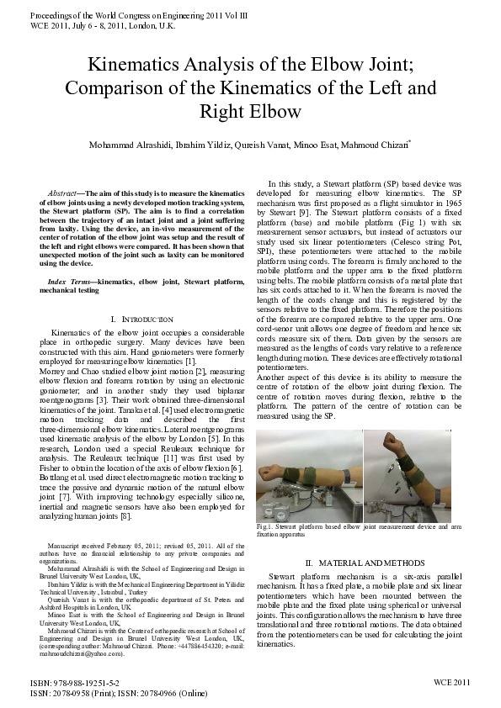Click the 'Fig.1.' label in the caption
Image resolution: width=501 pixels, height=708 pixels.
click(x=265, y=527)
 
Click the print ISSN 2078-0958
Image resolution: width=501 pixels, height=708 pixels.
click(x=72, y=695)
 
